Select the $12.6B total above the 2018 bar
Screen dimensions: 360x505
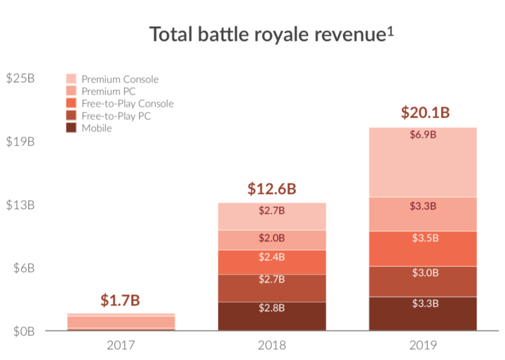click(x=272, y=189)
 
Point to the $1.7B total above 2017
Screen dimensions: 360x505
click(x=119, y=300)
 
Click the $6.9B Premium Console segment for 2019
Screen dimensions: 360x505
click(x=423, y=161)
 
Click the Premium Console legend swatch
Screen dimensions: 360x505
click(x=72, y=79)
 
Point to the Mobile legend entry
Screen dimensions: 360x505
click(x=96, y=128)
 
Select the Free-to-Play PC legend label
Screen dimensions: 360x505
click(x=116, y=116)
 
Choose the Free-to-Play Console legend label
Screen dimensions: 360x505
click(x=127, y=104)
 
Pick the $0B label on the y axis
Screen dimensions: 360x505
click(x=22, y=331)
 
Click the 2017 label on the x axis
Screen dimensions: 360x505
click(x=121, y=345)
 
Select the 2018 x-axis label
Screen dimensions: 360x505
click(x=272, y=345)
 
